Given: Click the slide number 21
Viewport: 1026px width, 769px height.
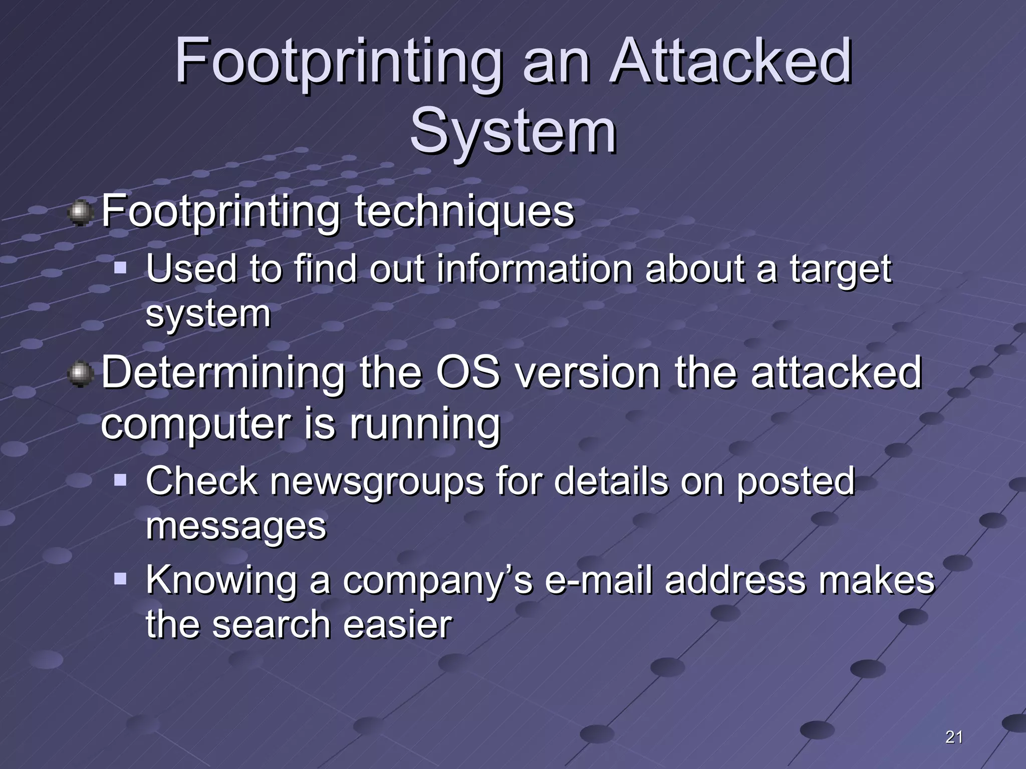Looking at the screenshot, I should pyautogui.click(x=954, y=737).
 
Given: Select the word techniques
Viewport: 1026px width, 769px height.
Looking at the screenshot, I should pyautogui.click(x=464, y=212).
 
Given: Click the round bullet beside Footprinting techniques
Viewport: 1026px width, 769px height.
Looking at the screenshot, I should pyautogui.click(x=80, y=213).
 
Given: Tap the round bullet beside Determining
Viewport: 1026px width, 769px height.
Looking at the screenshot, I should pyautogui.click(x=80, y=375).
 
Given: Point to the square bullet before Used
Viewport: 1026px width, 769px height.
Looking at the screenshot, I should pyautogui.click(x=120, y=268).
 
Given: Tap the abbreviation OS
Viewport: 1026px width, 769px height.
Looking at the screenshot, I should pyautogui.click(x=468, y=372).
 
